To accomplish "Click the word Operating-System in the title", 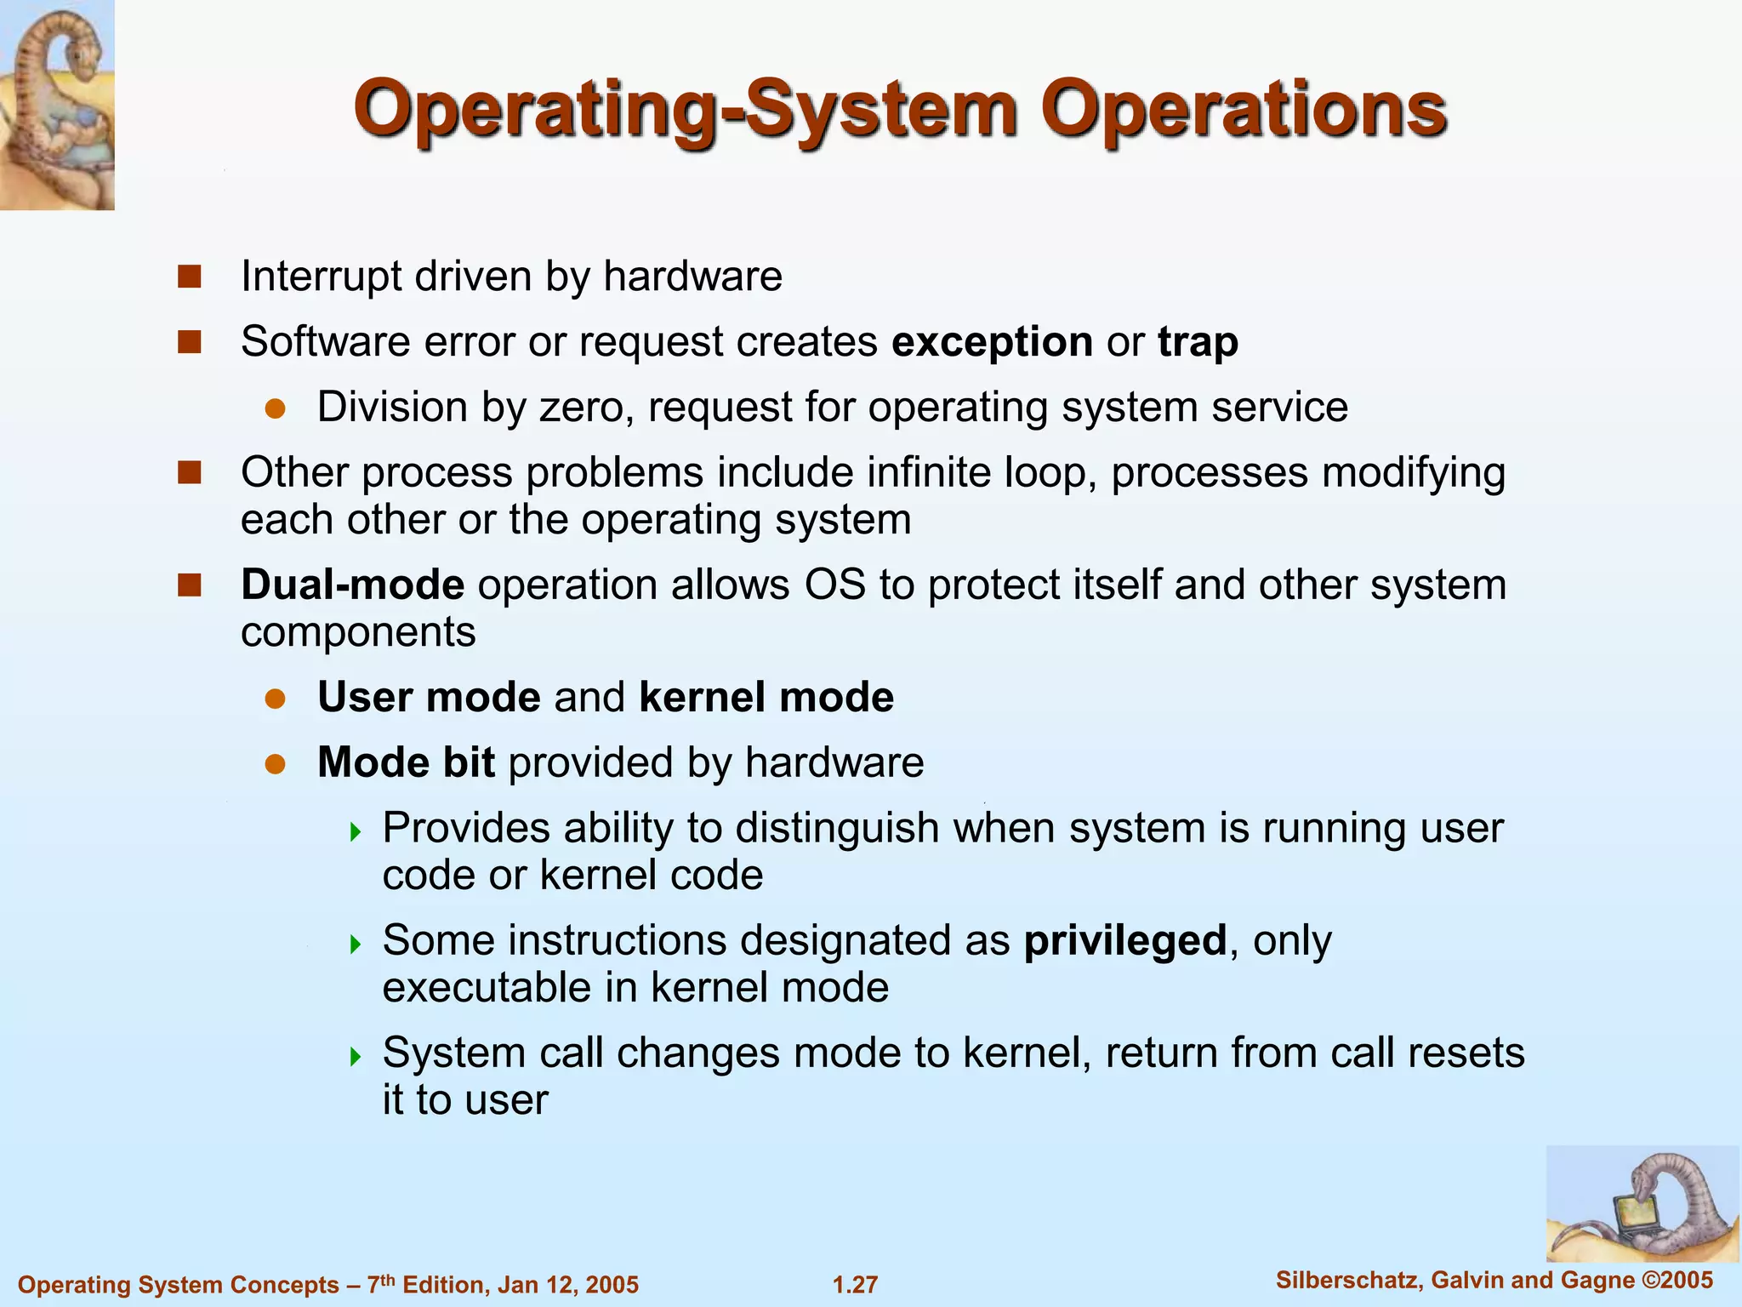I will click(685, 111).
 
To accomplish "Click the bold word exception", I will click(992, 342).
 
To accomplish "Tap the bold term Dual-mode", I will click(352, 585).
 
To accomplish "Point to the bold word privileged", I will click(1124, 941).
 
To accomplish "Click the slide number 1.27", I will click(855, 1284).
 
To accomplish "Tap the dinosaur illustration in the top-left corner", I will click(57, 105).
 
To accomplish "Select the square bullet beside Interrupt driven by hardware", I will click(189, 277).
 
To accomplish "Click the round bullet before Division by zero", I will click(274, 408).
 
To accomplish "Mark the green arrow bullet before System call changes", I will click(356, 1056).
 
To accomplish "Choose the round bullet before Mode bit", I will click(274, 763).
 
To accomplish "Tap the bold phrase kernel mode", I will click(766, 697).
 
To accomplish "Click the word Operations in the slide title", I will click(1244, 111).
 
